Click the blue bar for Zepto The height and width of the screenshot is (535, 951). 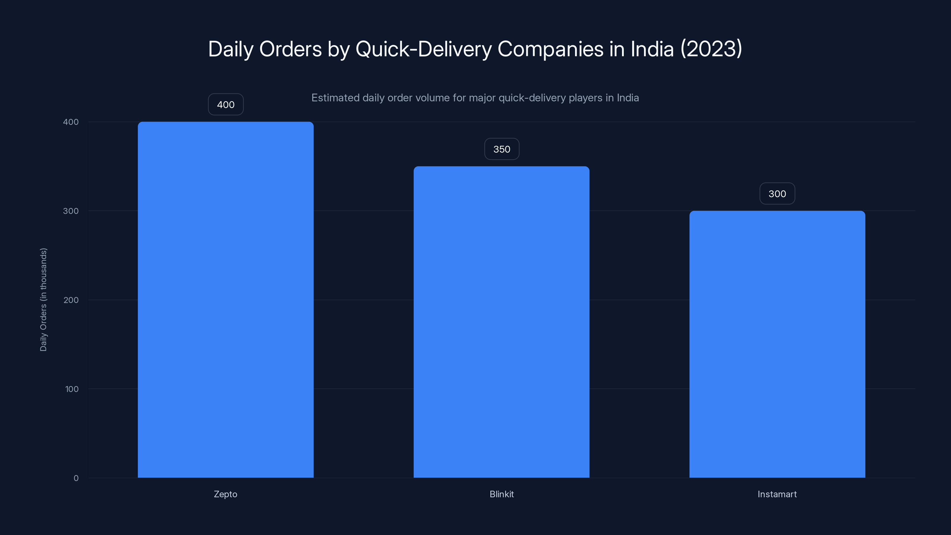[226, 299]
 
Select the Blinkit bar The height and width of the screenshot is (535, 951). [501, 322]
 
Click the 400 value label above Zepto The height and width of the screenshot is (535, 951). [226, 105]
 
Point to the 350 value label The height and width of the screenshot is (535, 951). [502, 149]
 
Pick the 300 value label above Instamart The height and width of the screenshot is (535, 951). [777, 194]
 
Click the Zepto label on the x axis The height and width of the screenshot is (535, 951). [226, 494]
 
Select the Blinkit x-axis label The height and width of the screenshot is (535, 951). [501, 494]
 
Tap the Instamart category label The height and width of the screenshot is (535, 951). [777, 494]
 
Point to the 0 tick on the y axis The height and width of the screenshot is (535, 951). [76, 478]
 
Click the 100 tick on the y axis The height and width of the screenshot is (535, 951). [72, 389]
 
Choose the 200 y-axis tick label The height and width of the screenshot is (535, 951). [71, 300]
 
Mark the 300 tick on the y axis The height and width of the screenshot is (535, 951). [71, 211]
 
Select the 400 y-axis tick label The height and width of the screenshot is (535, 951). [71, 122]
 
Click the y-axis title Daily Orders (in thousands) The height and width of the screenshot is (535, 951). [44, 299]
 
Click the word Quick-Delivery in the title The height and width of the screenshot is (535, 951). [423, 49]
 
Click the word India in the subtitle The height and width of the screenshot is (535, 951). [628, 98]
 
